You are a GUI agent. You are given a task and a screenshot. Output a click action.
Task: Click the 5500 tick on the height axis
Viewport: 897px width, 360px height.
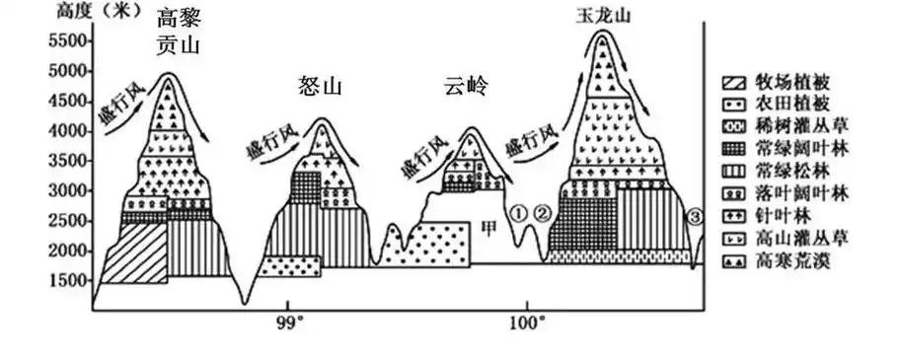[x=67, y=41]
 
